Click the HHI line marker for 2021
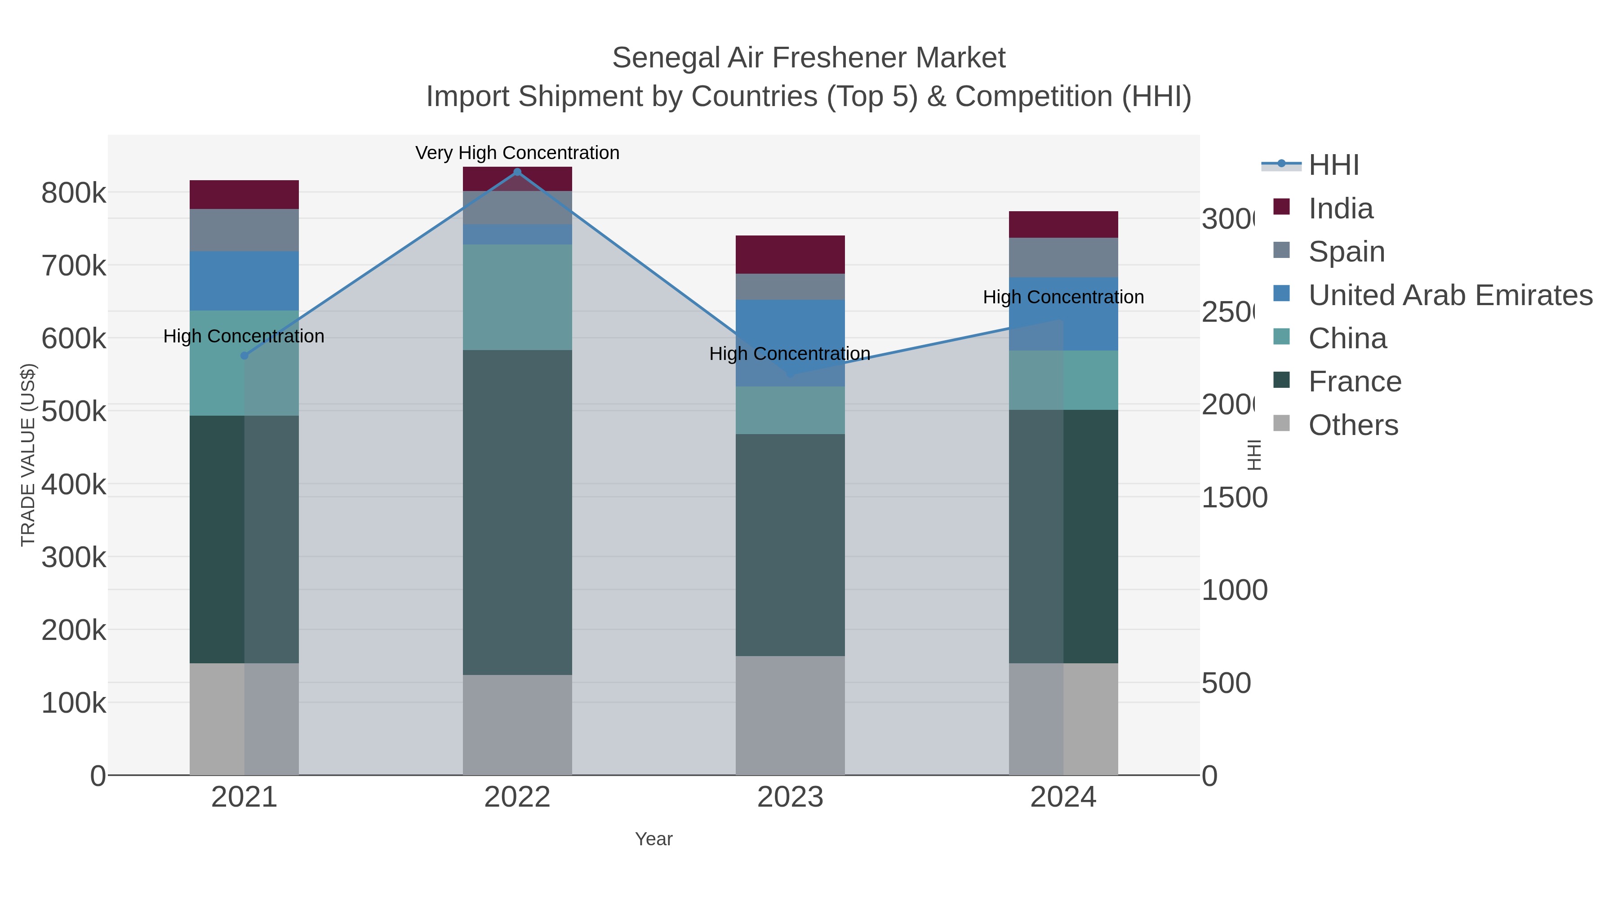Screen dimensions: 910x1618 pyautogui.click(x=244, y=355)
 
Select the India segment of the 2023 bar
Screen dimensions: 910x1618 pyautogui.click(x=790, y=254)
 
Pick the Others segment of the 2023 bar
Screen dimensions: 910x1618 pyautogui.click(x=790, y=715)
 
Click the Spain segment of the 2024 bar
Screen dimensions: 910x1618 pyautogui.click(x=1063, y=257)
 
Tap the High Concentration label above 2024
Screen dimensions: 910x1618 pyautogui.click(x=1063, y=297)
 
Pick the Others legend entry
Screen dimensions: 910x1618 pyautogui.click(x=1352, y=425)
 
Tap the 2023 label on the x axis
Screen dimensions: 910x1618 pyautogui.click(x=790, y=797)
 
